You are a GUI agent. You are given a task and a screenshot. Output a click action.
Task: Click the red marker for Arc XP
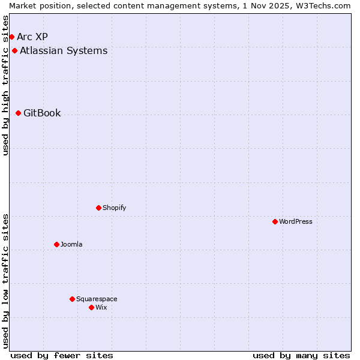(x=11, y=37)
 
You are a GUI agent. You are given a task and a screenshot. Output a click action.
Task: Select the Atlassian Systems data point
(x=14, y=50)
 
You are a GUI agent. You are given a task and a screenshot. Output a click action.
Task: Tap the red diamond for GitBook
(x=18, y=113)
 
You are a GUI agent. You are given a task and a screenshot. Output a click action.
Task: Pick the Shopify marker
(x=98, y=208)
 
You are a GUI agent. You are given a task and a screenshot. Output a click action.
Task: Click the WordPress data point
(x=275, y=221)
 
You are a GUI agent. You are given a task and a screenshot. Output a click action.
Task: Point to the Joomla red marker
(x=56, y=244)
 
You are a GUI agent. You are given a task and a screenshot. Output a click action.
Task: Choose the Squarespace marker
(x=72, y=299)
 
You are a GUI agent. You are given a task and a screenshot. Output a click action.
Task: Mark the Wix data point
(x=91, y=307)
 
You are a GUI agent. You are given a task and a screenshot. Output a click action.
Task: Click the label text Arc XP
(x=32, y=37)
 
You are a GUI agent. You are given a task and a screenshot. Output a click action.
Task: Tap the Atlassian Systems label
(x=64, y=50)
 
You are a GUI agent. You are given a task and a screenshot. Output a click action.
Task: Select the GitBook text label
(x=42, y=113)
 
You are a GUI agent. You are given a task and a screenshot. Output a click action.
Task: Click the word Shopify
(x=114, y=208)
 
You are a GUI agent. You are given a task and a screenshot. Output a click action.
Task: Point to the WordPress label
(x=296, y=221)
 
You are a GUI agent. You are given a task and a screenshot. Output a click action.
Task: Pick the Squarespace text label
(x=97, y=299)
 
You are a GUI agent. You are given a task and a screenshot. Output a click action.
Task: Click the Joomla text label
(x=71, y=244)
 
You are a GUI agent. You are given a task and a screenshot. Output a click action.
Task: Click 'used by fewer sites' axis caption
(x=62, y=355)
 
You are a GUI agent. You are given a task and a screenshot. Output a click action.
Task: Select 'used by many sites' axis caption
(x=301, y=355)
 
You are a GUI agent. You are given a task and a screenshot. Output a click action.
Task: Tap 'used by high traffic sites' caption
(x=5, y=85)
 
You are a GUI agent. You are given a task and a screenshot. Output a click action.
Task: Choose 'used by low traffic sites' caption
(x=5, y=281)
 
